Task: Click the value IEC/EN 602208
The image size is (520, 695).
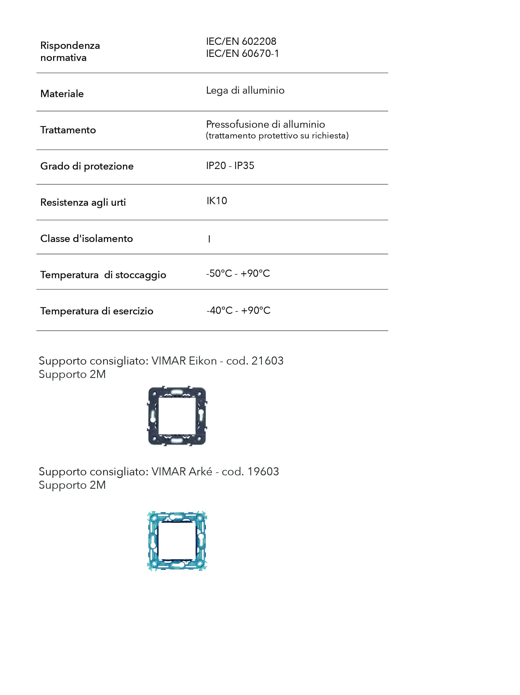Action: pos(241,41)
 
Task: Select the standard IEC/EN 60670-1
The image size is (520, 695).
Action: pos(242,53)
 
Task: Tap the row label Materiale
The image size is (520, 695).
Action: pos(62,94)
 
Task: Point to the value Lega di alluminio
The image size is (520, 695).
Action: pos(245,90)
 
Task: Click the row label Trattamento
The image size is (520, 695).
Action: pos(68,130)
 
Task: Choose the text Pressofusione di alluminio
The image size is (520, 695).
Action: pos(265,124)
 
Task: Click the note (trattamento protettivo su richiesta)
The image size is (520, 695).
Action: pos(277,135)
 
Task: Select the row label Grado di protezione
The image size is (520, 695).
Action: pos(87,166)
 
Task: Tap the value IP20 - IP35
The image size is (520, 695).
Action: pos(230,166)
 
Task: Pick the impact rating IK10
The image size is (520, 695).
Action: pos(217,200)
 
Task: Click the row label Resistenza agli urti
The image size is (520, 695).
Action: pos(83,202)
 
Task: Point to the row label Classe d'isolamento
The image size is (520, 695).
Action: pos(86,238)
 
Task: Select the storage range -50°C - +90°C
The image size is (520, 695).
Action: pos(238,273)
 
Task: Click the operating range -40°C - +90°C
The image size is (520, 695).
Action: pos(238,310)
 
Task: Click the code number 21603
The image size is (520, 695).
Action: pos(268,361)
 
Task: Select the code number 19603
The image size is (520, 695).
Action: pos(263,472)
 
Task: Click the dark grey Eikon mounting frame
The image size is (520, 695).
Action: pos(177,416)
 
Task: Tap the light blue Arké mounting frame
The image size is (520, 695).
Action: pos(177,541)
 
